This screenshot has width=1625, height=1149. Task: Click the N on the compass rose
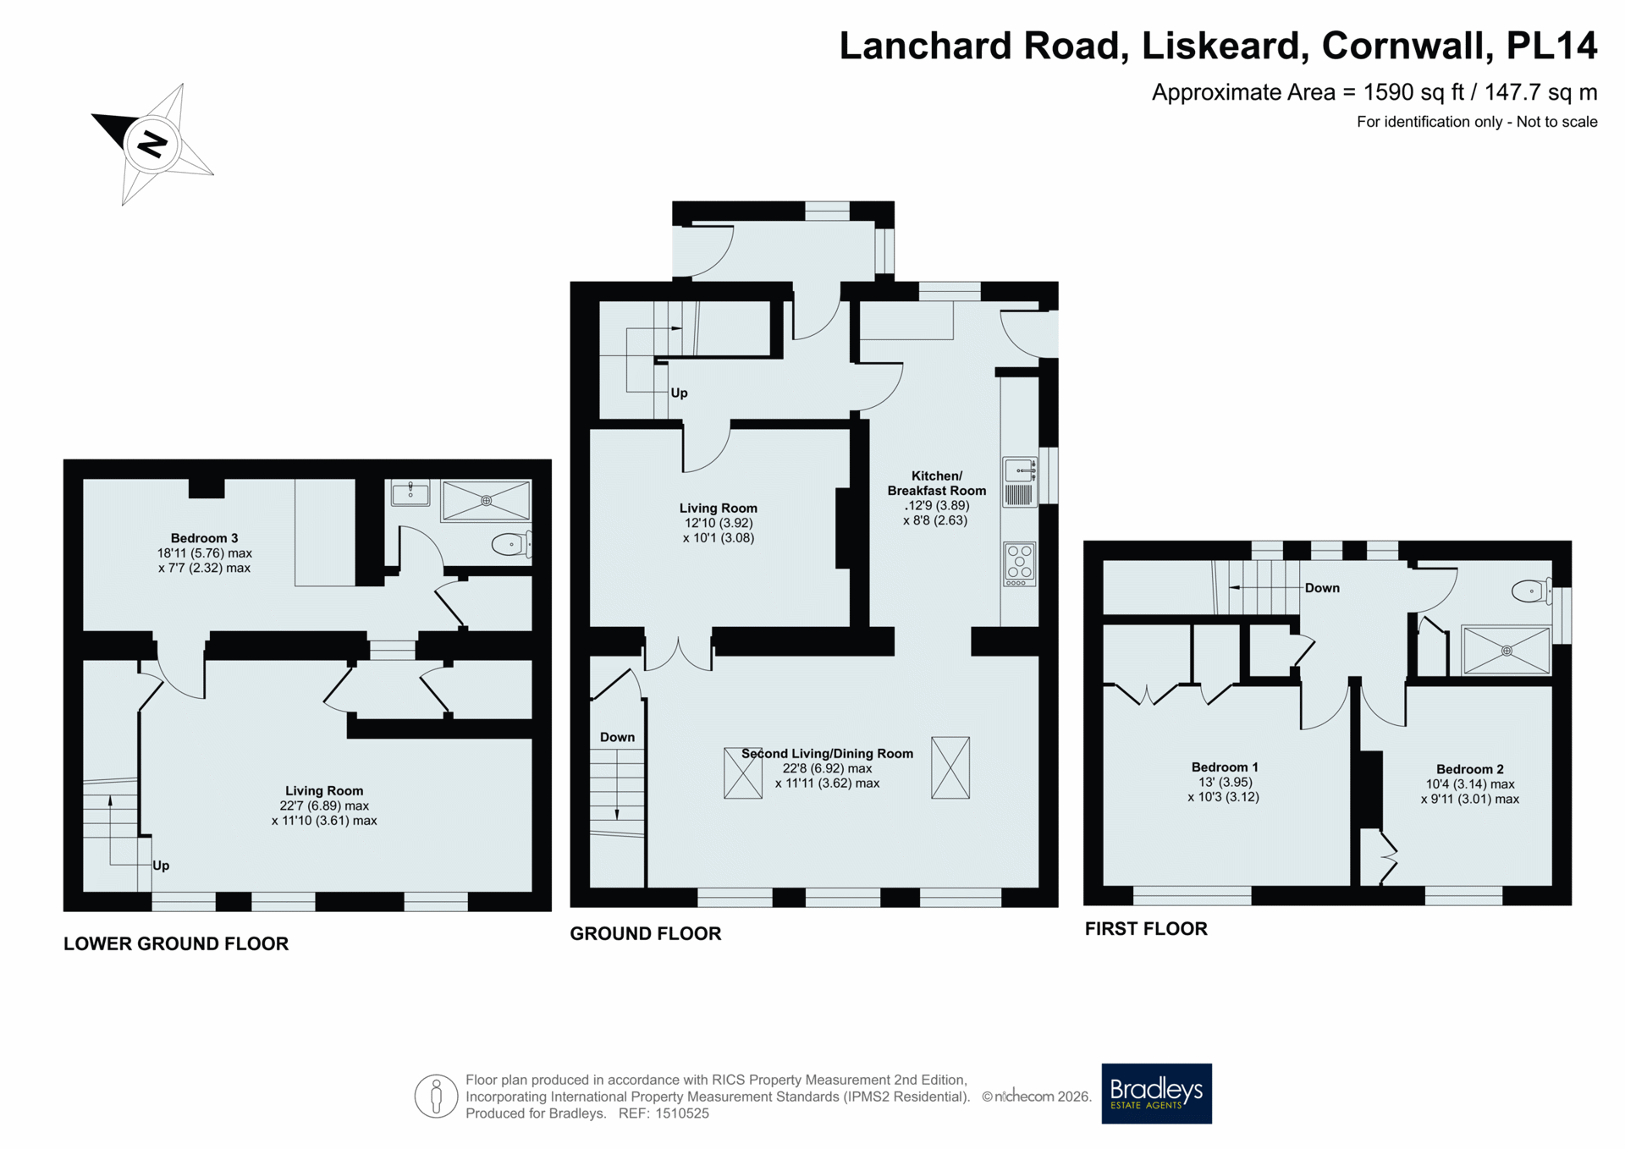(152, 144)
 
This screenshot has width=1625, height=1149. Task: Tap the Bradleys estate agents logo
(1156, 1093)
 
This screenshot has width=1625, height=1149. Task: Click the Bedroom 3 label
(204, 538)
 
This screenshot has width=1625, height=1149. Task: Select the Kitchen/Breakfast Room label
(936, 483)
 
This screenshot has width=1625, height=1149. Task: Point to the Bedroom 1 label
(1225, 767)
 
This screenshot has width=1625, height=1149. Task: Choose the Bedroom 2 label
(1469, 769)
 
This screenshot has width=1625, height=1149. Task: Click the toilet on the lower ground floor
(512, 544)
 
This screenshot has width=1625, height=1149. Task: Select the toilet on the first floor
(1532, 591)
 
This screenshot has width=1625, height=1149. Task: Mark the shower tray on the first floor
(1507, 651)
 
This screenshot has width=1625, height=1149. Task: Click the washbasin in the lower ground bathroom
(410, 492)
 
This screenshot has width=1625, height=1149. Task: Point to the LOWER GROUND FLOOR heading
(176, 943)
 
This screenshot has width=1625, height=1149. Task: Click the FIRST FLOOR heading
(1146, 928)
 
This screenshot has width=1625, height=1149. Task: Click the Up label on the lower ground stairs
(161, 866)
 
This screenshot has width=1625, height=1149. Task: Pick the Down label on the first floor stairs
(1322, 588)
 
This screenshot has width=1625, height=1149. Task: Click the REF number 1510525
(682, 1113)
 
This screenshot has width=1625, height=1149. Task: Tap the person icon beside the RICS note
(436, 1097)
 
